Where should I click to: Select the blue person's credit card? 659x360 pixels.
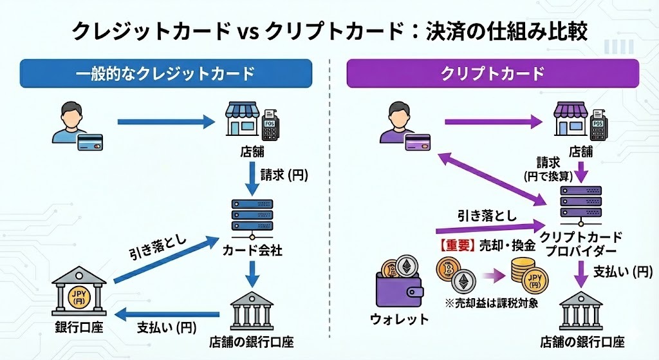click(91, 143)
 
